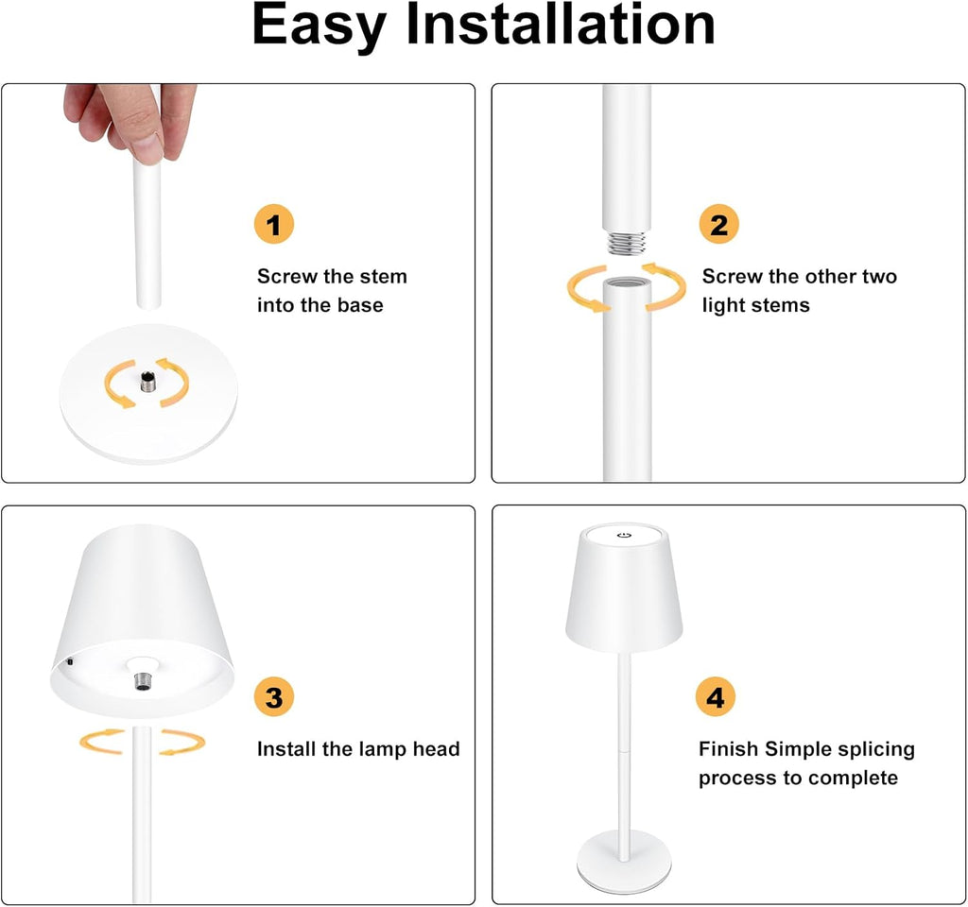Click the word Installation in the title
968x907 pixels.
tap(560, 26)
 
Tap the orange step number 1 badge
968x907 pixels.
tap(274, 226)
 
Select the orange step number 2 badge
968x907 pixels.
tap(718, 226)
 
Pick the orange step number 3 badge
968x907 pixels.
tap(274, 698)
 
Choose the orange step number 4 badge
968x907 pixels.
tap(716, 698)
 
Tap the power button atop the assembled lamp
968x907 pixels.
tap(623, 536)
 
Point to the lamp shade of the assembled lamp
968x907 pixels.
tap(624, 595)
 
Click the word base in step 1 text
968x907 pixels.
tap(360, 305)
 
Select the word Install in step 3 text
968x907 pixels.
tap(286, 749)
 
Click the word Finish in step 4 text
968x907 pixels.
tap(728, 749)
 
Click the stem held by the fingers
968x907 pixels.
tap(147, 236)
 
